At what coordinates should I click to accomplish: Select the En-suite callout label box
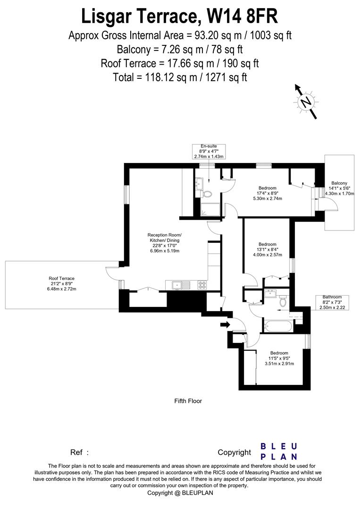[x=209, y=152]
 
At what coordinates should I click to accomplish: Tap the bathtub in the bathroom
[x=278, y=325]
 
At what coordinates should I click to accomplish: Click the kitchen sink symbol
[x=177, y=285]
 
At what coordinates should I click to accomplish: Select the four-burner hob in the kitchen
[x=203, y=285]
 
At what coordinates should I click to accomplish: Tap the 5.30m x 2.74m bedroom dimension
[x=267, y=198]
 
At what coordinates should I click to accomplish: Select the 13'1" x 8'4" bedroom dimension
[x=267, y=249]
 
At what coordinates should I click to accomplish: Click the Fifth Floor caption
[x=188, y=401]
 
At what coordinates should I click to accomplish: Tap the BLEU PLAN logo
[x=279, y=451]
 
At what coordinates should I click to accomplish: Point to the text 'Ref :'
[x=80, y=452]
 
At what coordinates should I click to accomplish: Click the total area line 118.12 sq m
[x=180, y=77]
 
